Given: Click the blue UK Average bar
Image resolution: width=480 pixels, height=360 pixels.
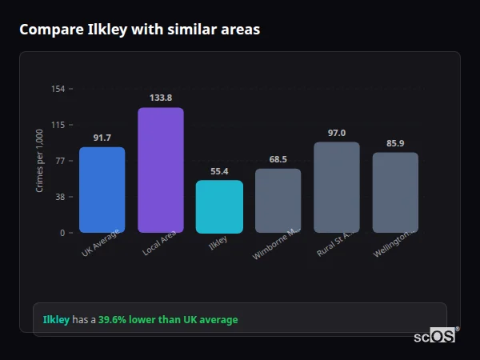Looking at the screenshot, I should [x=102, y=190].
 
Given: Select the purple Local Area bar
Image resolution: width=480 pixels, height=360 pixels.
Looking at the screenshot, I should [x=161, y=170].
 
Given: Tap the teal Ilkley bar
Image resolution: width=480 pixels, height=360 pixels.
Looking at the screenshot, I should [x=219, y=206].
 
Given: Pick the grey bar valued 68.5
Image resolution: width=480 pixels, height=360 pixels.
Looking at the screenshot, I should [x=278, y=201].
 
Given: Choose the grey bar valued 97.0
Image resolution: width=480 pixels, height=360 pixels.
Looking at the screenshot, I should [x=336, y=187].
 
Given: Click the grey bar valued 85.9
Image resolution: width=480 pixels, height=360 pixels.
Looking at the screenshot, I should [x=395, y=193].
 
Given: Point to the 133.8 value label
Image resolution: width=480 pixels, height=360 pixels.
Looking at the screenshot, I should [x=161, y=98].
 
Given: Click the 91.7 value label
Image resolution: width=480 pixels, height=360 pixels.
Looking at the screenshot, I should [x=102, y=138].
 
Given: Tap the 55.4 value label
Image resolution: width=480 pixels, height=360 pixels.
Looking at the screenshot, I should [x=219, y=171].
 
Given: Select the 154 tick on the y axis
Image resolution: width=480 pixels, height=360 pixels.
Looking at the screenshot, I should [x=58, y=89].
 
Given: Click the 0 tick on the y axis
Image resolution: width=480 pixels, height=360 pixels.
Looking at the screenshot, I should [x=62, y=233].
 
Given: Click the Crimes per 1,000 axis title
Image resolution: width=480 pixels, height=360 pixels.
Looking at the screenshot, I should [x=39, y=161].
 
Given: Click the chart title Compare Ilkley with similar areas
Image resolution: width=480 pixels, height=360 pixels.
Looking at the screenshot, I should [x=139, y=29].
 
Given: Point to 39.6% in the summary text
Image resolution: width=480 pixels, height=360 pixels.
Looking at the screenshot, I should [x=112, y=320].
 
